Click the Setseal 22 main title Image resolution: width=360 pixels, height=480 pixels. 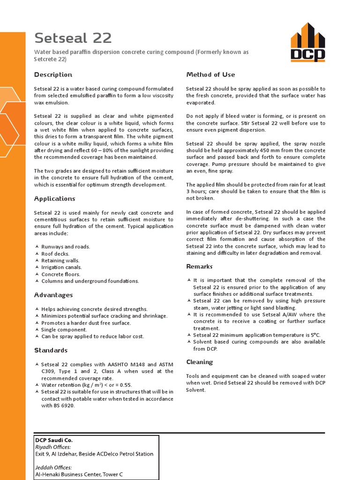click(73, 37)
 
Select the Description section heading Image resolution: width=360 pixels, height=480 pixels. click(53, 75)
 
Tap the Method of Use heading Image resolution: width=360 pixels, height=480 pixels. click(210, 75)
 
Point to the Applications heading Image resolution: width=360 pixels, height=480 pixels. click(54, 199)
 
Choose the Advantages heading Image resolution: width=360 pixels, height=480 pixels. click(53, 295)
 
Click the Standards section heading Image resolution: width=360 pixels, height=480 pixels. click(51, 350)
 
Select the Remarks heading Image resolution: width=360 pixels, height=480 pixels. click(199, 266)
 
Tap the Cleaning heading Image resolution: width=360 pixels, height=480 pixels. click(199, 362)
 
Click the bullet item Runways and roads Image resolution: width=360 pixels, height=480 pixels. click(66, 247)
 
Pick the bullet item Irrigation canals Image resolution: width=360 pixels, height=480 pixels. click(61, 267)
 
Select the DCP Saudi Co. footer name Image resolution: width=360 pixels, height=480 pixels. click(54, 440)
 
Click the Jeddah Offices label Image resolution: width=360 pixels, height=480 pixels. click(53, 467)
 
